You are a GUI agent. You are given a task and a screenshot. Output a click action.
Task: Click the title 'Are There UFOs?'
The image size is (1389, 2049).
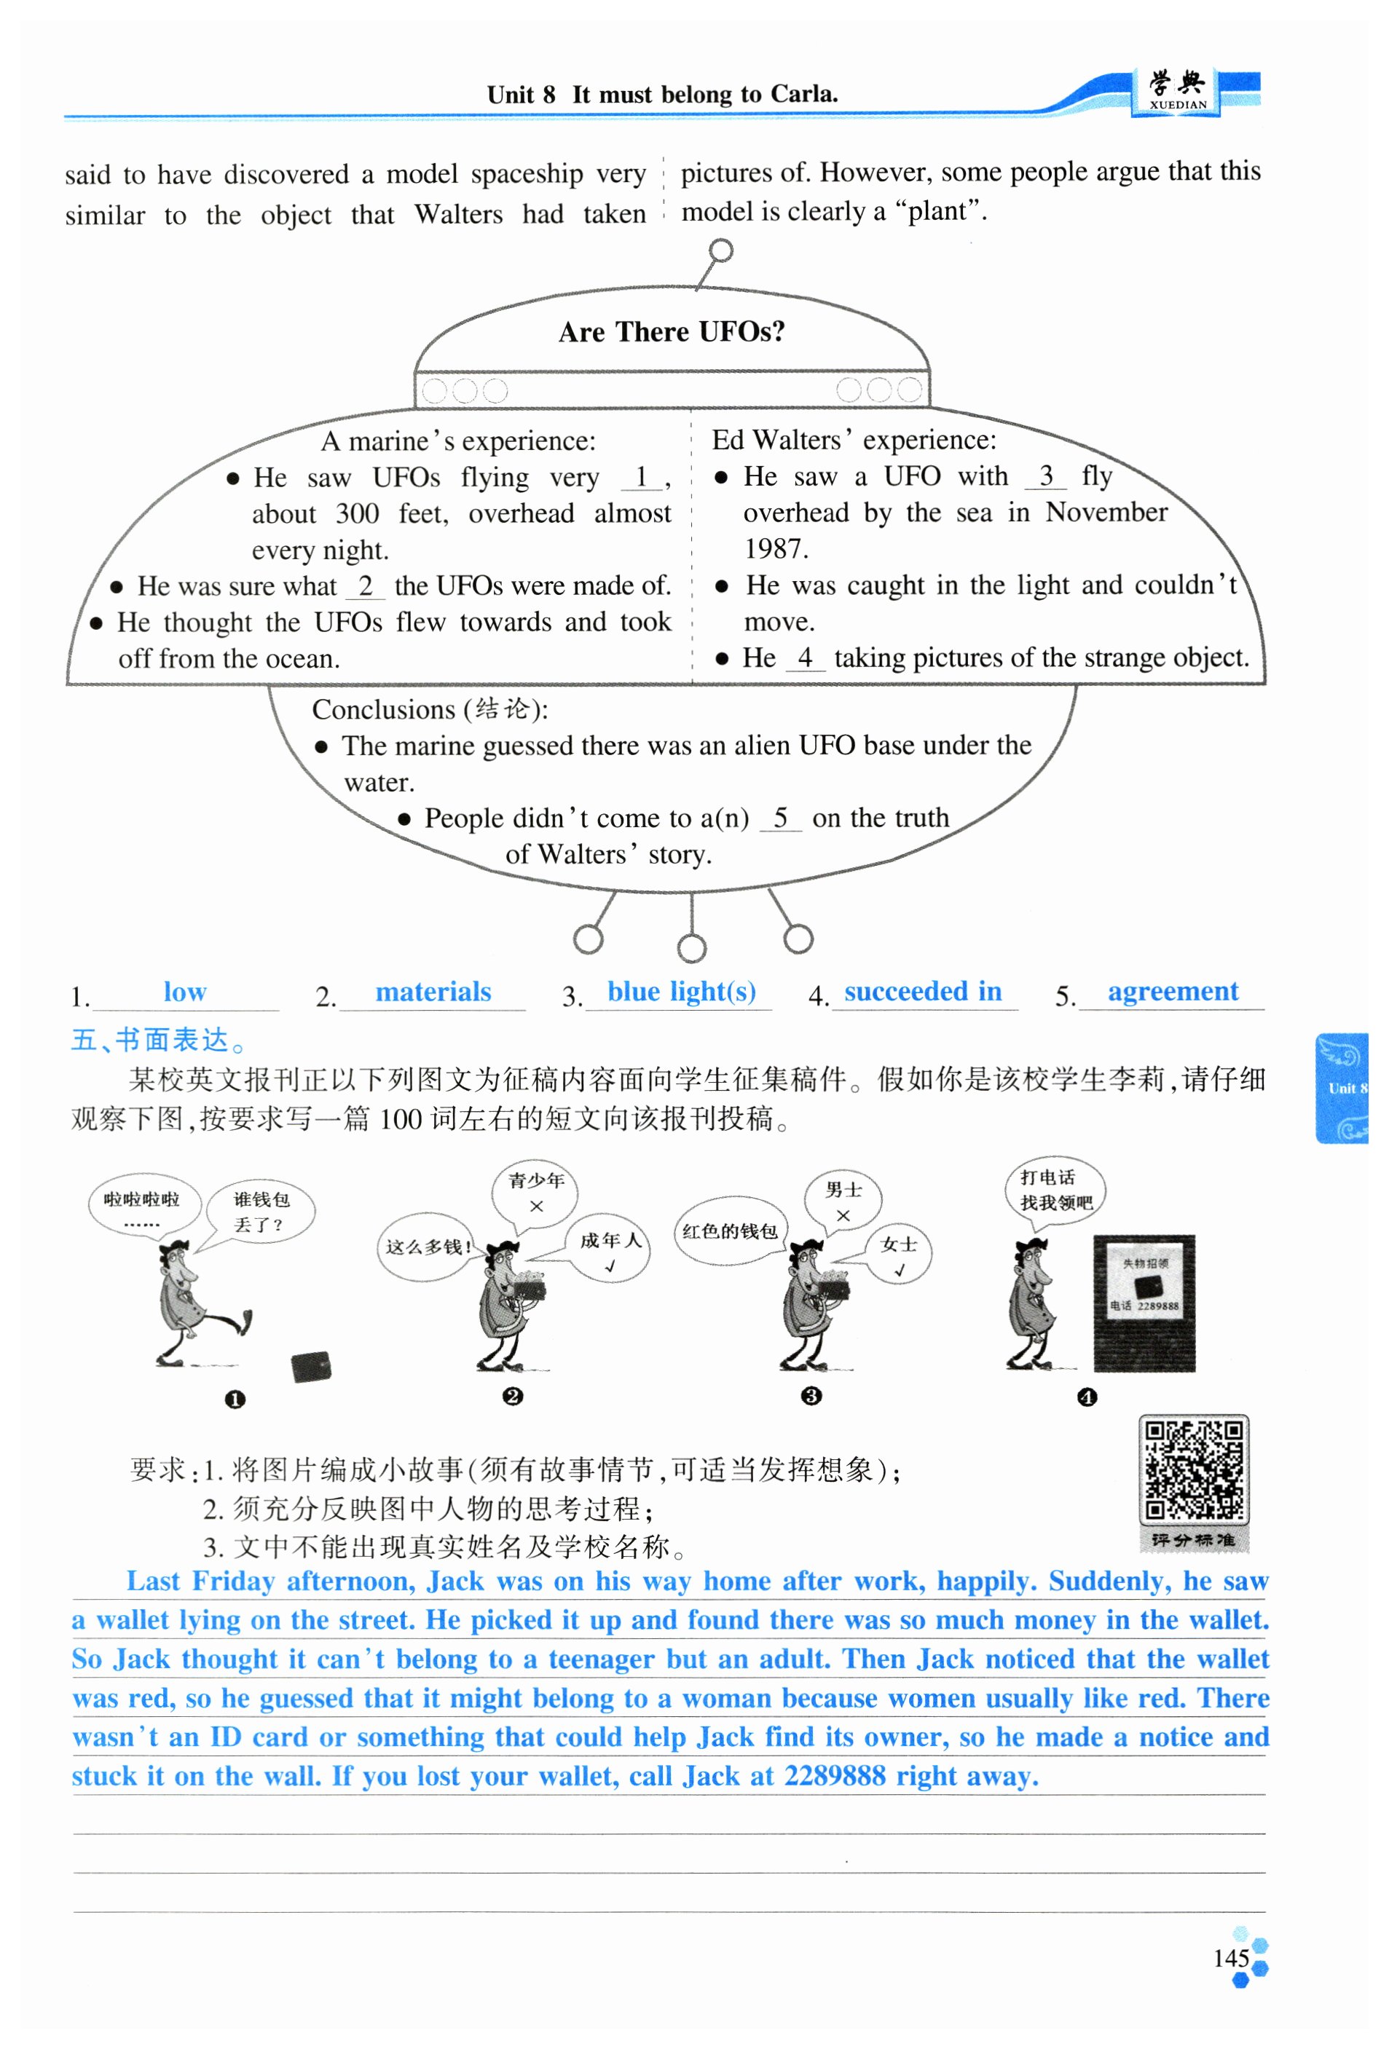pyautogui.click(x=671, y=331)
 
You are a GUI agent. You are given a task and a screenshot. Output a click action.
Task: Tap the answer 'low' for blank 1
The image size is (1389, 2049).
pyautogui.click(x=184, y=992)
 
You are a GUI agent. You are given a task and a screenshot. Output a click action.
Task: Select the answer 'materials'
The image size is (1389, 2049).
pyautogui.click(x=433, y=992)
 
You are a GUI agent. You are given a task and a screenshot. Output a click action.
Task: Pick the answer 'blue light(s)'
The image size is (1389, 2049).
pyautogui.click(x=681, y=992)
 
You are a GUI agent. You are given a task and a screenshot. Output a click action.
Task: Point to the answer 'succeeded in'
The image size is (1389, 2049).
pyautogui.click(x=922, y=992)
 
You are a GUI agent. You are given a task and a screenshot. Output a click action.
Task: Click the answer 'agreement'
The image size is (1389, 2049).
pyautogui.click(x=1172, y=992)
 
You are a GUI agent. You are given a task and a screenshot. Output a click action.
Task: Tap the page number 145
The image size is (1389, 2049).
pyautogui.click(x=1230, y=1958)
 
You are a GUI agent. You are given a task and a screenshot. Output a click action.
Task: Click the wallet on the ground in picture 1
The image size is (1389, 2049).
pyautogui.click(x=310, y=1367)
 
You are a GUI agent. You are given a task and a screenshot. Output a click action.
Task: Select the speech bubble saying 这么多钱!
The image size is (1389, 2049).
pyautogui.click(x=426, y=1247)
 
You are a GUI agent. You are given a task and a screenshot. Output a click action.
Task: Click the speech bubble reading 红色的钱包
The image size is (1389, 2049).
pyautogui.click(x=729, y=1232)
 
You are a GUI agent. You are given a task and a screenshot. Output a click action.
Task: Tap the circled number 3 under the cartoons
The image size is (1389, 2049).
pyautogui.click(x=811, y=1397)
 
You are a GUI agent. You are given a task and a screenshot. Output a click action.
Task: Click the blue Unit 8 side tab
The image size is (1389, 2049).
pyautogui.click(x=1342, y=1088)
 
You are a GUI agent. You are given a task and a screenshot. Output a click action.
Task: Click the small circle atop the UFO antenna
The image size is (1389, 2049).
pyautogui.click(x=720, y=251)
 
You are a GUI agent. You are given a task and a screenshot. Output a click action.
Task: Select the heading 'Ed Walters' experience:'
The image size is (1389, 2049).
pyautogui.click(x=854, y=440)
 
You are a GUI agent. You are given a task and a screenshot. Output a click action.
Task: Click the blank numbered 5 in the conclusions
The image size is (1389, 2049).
pyautogui.click(x=779, y=818)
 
